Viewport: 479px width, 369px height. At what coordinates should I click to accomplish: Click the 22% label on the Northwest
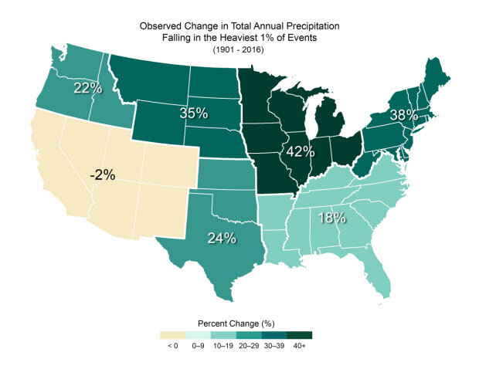tap(87, 88)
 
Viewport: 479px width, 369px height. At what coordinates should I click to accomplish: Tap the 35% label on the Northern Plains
tap(193, 113)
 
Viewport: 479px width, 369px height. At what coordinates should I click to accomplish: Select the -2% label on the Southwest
tap(102, 175)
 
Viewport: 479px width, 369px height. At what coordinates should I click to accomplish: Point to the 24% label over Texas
tap(221, 239)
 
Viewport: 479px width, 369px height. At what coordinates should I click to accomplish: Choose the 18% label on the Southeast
tap(331, 218)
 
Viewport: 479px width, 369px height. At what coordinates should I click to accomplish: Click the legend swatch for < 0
tap(173, 335)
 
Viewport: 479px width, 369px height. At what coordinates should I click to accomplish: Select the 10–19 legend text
tap(224, 347)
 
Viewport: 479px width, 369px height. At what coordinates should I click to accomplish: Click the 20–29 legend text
tap(250, 347)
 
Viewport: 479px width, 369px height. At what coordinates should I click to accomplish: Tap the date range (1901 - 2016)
tap(239, 49)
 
